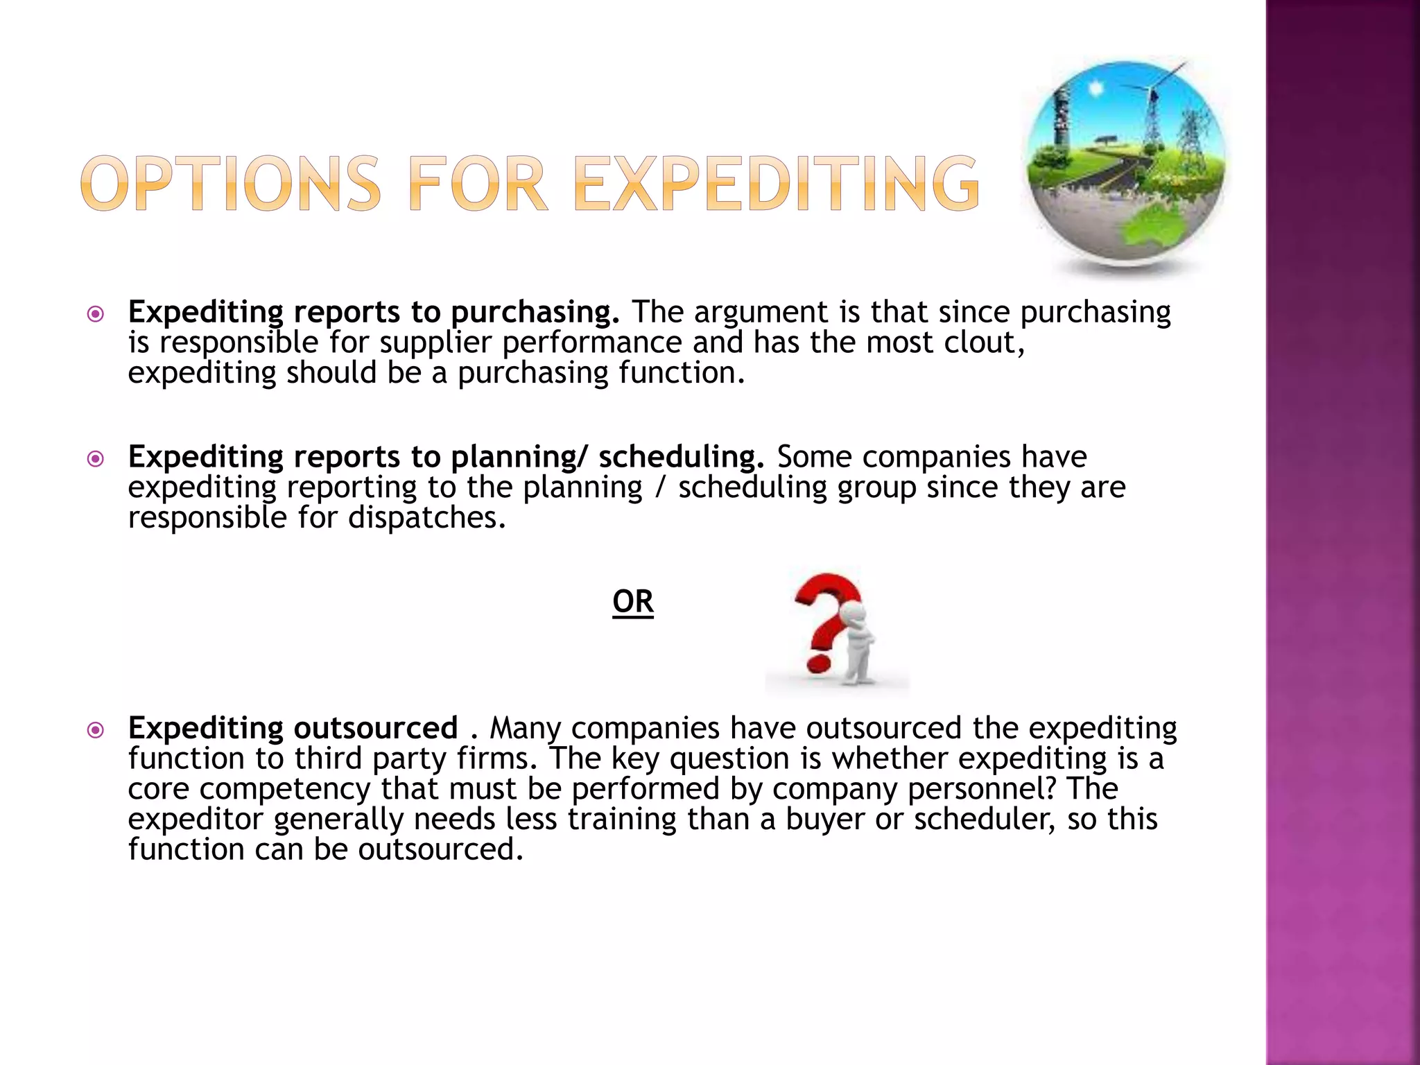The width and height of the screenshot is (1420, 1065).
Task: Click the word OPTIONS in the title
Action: tap(230, 184)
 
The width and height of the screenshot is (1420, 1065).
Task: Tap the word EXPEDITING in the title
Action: tap(777, 184)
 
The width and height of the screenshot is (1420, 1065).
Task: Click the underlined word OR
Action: tap(633, 602)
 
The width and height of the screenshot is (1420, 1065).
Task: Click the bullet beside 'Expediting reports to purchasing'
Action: tap(96, 315)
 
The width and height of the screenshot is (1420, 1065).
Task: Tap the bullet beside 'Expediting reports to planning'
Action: tap(96, 459)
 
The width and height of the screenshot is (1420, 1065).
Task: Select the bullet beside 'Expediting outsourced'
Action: tap(96, 730)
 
